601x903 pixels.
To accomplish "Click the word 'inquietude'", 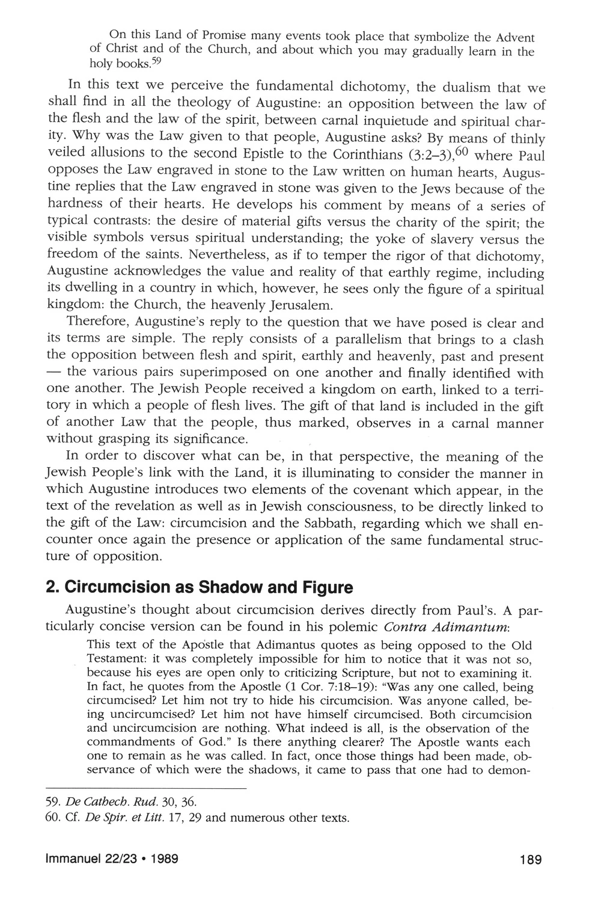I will (389, 123).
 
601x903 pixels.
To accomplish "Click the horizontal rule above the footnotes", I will (146, 788).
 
